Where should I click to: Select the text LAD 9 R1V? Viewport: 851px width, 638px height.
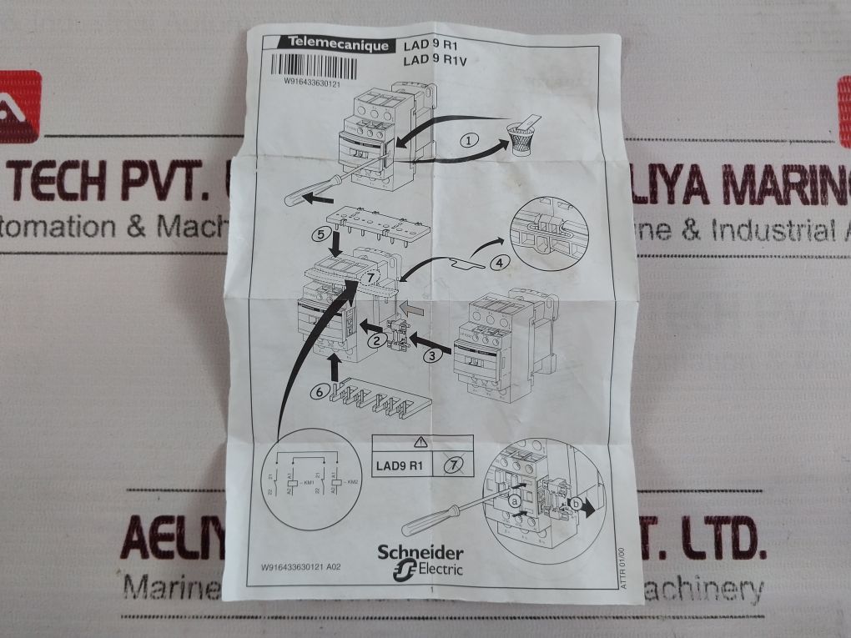[x=432, y=60]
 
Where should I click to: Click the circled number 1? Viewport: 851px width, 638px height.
[x=471, y=141]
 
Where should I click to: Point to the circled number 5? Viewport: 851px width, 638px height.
[x=320, y=235]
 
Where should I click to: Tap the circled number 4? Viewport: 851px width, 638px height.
[x=498, y=264]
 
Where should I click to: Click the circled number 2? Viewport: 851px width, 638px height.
[x=376, y=339]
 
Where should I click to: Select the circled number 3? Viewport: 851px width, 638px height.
[x=431, y=356]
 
